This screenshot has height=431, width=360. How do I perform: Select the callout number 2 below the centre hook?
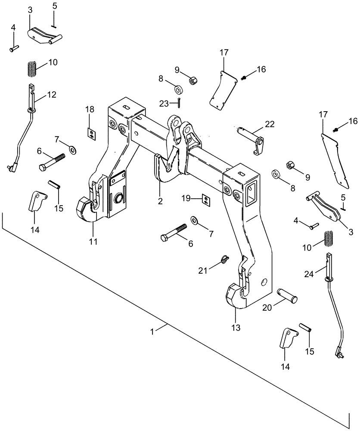(160, 201)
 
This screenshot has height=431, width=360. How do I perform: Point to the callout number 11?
(93, 241)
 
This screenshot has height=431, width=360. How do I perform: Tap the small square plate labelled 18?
(91, 134)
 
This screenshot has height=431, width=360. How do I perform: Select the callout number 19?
(186, 198)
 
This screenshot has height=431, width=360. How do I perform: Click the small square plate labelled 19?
(206, 199)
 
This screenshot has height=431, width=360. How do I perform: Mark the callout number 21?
(203, 271)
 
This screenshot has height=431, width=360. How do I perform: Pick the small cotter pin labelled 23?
(178, 103)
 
